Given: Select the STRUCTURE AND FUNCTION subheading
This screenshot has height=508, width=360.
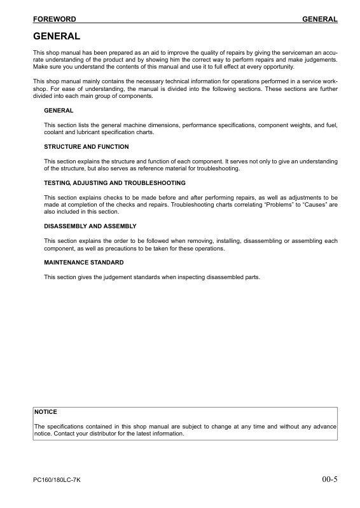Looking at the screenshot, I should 86,147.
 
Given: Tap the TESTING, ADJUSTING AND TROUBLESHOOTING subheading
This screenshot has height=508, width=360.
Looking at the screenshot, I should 114,183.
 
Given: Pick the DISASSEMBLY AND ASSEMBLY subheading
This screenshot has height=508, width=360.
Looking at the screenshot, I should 90,226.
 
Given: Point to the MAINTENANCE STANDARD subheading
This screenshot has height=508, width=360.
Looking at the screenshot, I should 83,262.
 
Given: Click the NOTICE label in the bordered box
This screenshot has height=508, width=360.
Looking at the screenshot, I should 46,412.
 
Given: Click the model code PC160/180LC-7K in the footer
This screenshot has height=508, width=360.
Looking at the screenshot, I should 57,479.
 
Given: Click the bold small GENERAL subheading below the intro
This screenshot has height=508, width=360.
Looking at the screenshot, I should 59,111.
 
